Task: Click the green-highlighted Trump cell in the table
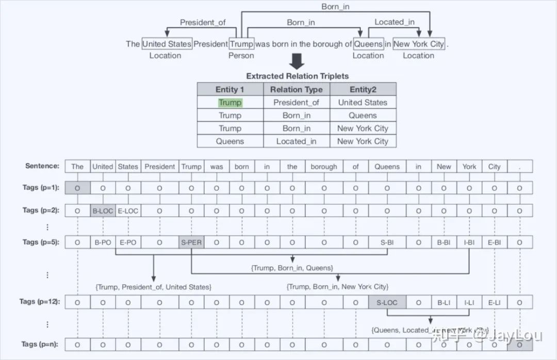pos(230,103)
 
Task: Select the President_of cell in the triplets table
pos(297,103)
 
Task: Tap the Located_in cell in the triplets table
pos(297,141)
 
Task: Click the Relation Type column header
pos(297,89)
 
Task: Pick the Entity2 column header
pos(363,89)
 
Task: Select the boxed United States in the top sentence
pos(167,44)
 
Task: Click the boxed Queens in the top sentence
pos(368,44)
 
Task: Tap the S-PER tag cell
pos(191,242)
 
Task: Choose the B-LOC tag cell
pos(102,210)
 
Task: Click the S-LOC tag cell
pos(387,302)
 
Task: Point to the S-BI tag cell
pos(387,242)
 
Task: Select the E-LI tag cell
pos(494,302)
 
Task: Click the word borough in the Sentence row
pos(324,167)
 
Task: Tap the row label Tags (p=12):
pos(41,301)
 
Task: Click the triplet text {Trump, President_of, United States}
pos(153,287)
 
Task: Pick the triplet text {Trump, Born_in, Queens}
pos(292,268)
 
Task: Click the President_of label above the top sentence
pos(203,22)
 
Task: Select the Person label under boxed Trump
pos(241,56)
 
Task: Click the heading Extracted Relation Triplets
pos(297,76)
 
